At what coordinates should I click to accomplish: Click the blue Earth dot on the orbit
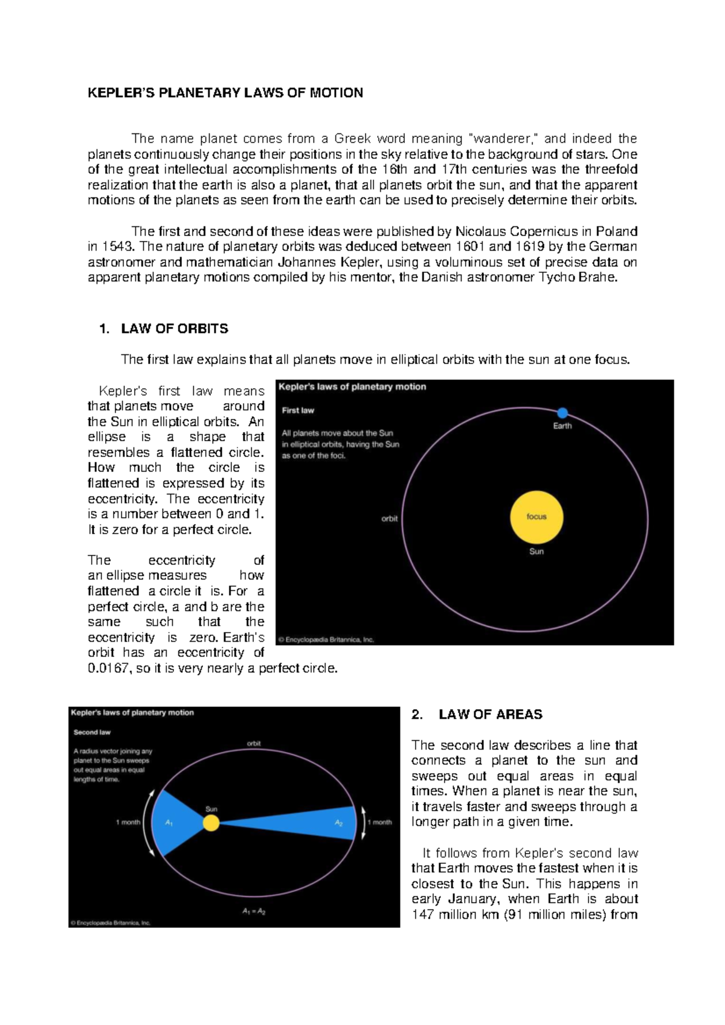(562, 413)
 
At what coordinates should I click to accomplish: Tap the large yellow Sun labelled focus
(536, 517)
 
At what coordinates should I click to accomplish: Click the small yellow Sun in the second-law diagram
(211, 822)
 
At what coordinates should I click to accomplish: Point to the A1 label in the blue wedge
(169, 823)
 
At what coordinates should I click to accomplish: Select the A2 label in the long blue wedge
(339, 823)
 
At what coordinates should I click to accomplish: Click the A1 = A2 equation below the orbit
(254, 912)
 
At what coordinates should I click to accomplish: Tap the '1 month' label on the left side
(128, 822)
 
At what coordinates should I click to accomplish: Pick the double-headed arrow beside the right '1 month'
(363, 822)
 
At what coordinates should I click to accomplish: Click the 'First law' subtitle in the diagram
(298, 410)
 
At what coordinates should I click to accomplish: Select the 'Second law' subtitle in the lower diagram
(92, 732)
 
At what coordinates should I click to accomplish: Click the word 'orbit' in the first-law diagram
(390, 519)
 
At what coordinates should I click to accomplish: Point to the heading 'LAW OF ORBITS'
(175, 329)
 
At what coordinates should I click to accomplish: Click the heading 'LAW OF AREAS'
(491, 715)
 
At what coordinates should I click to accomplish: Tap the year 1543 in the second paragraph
(118, 246)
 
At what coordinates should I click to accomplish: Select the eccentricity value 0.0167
(108, 668)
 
